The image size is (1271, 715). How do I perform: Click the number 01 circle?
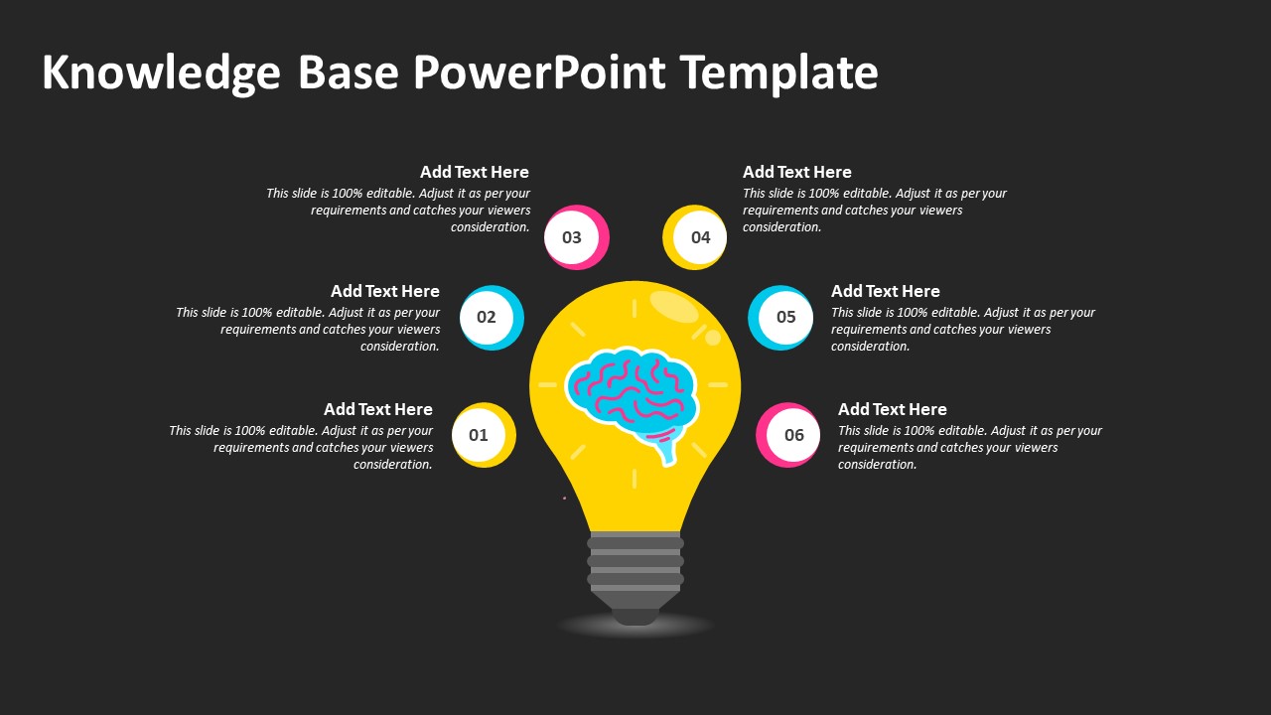[x=484, y=435]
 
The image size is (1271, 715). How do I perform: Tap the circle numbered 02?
[x=492, y=317]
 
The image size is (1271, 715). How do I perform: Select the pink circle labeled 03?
[x=577, y=237]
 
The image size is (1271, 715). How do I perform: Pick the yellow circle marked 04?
[x=694, y=237]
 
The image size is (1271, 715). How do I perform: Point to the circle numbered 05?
[x=780, y=317]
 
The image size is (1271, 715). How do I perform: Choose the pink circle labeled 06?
[x=788, y=435]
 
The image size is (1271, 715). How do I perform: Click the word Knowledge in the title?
[x=161, y=73]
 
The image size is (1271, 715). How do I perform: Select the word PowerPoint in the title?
[x=539, y=72]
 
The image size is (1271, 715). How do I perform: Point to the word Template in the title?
[x=779, y=73]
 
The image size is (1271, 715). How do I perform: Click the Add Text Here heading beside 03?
[x=475, y=172]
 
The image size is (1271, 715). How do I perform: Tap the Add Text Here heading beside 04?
[x=797, y=172]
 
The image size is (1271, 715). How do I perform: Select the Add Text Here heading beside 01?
[x=378, y=409]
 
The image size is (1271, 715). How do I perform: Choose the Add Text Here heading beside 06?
[x=893, y=409]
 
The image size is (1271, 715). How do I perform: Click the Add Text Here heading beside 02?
[x=385, y=291]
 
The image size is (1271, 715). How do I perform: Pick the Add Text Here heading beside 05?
[x=886, y=291]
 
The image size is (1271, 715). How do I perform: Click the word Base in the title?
[x=349, y=72]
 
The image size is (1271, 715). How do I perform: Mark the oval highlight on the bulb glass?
[x=673, y=307]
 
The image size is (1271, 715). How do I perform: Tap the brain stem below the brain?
[x=666, y=447]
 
